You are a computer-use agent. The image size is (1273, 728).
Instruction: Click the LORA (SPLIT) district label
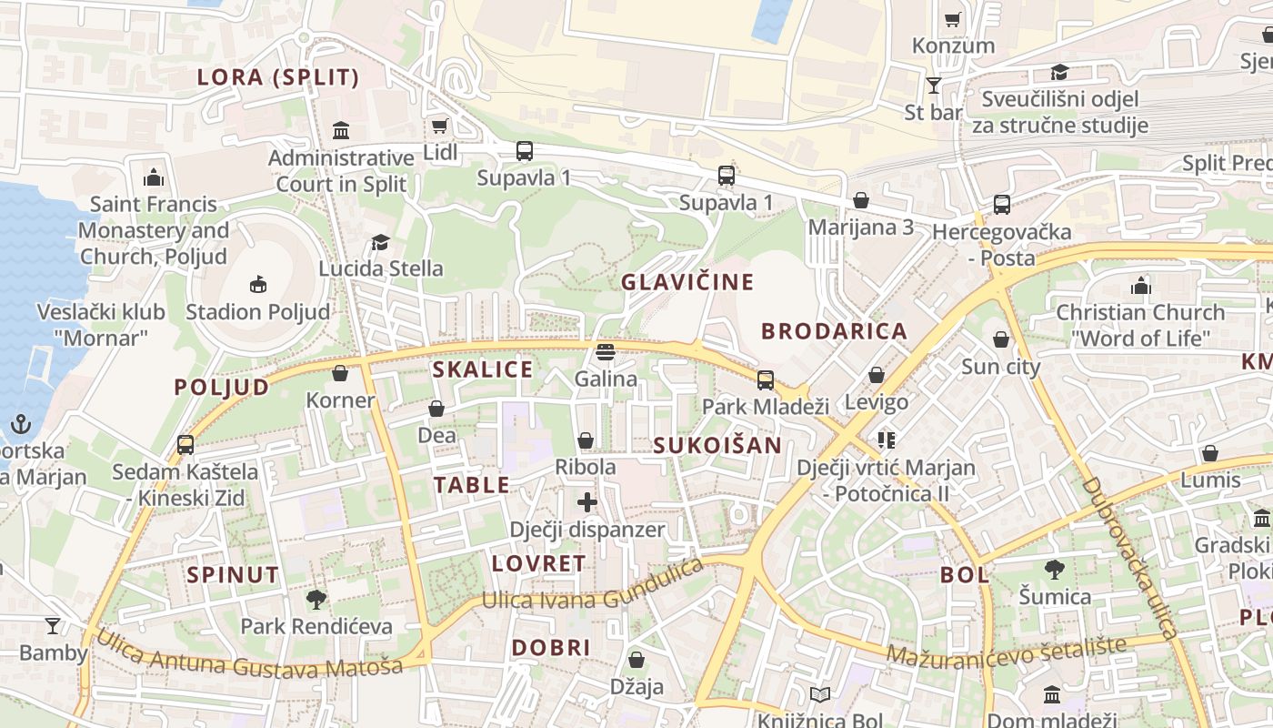(278, 77)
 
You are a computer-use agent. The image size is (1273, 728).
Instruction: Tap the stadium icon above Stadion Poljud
(258, 285)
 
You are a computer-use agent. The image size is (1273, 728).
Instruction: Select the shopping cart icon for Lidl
(439, 126)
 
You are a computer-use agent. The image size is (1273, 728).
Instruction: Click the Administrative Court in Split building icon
(341, 130)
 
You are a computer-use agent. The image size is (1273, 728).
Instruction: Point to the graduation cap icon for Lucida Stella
(380, 243)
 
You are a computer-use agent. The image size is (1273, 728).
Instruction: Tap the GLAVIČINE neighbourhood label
(687, 282)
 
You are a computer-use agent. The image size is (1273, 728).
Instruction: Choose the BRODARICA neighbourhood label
(834, 331)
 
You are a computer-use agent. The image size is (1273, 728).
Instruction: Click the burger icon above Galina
(606, 351)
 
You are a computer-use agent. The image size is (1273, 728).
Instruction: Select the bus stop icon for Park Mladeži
(766, 380)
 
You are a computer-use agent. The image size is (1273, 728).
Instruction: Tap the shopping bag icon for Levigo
(877, 375)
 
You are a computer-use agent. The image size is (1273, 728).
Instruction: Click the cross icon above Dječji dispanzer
(587, 501)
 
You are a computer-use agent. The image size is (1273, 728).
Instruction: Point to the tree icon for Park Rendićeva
(316, 599)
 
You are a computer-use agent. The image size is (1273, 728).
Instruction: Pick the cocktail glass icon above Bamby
(53, 625)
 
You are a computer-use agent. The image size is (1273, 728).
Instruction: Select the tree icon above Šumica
(1055, 570)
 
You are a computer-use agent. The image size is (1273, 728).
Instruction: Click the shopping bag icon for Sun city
(1001, 340)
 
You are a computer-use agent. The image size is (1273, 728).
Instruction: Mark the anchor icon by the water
(20, 424)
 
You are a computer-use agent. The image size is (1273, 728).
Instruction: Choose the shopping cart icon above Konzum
(953, 19)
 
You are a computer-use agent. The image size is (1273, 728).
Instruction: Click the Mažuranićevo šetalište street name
(1006, 650)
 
